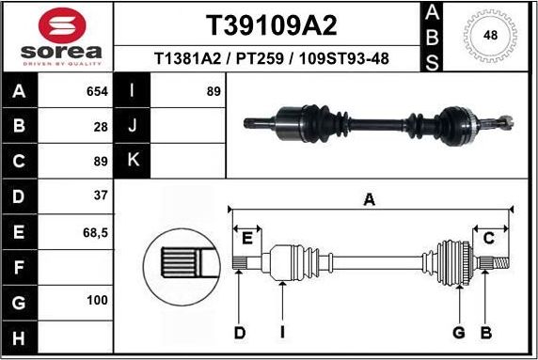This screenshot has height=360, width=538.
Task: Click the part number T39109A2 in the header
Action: (x=271, y=25)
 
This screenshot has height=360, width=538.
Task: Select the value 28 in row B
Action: (x=100, y=125)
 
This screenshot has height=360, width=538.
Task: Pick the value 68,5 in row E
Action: (x=95, y=229)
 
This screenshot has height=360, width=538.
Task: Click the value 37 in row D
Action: (x=100, y=195)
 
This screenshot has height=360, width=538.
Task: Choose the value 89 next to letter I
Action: (x=214, y=91)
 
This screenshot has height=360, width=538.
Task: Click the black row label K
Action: (x=132, y=160)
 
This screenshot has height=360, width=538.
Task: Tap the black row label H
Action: (x=19, y=335)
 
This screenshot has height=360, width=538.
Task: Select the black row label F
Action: (x=19, y=266)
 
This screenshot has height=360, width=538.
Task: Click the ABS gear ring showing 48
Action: (x=489, y=35)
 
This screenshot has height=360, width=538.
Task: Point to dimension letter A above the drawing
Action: (x=370, y=198)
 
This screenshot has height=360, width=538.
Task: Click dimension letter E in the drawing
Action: (x=248, y=237)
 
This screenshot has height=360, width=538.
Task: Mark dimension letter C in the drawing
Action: (x=489, y=238)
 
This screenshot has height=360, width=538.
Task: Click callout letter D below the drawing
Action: (x=240, y=332)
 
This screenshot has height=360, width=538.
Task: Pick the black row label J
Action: (x=132, y=125)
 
